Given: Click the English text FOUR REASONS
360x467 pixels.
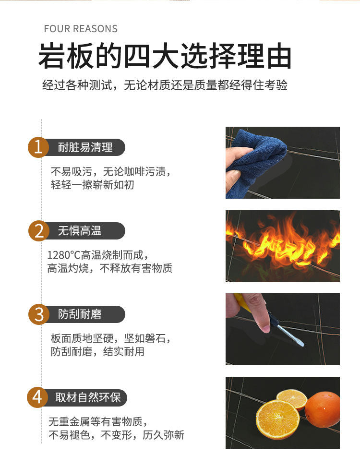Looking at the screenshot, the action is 81,29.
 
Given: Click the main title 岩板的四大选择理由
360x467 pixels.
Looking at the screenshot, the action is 165,56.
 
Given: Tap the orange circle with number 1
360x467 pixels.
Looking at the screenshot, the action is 38,147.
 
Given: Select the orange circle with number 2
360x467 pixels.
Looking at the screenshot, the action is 39,231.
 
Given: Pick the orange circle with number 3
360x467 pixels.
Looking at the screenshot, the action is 39,314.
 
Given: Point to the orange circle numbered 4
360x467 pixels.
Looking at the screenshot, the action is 37,397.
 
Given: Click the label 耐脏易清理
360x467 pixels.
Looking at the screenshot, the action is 85,147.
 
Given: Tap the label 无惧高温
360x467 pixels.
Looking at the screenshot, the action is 80,231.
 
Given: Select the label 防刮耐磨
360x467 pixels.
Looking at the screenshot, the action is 80,314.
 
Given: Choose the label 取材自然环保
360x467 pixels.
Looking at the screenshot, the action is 88,397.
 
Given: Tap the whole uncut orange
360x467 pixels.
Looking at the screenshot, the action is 323,409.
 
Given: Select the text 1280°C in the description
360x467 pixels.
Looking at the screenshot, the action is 64,255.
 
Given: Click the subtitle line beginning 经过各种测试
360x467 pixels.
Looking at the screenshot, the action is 165,85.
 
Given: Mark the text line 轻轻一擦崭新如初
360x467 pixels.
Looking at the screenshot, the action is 92,185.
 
